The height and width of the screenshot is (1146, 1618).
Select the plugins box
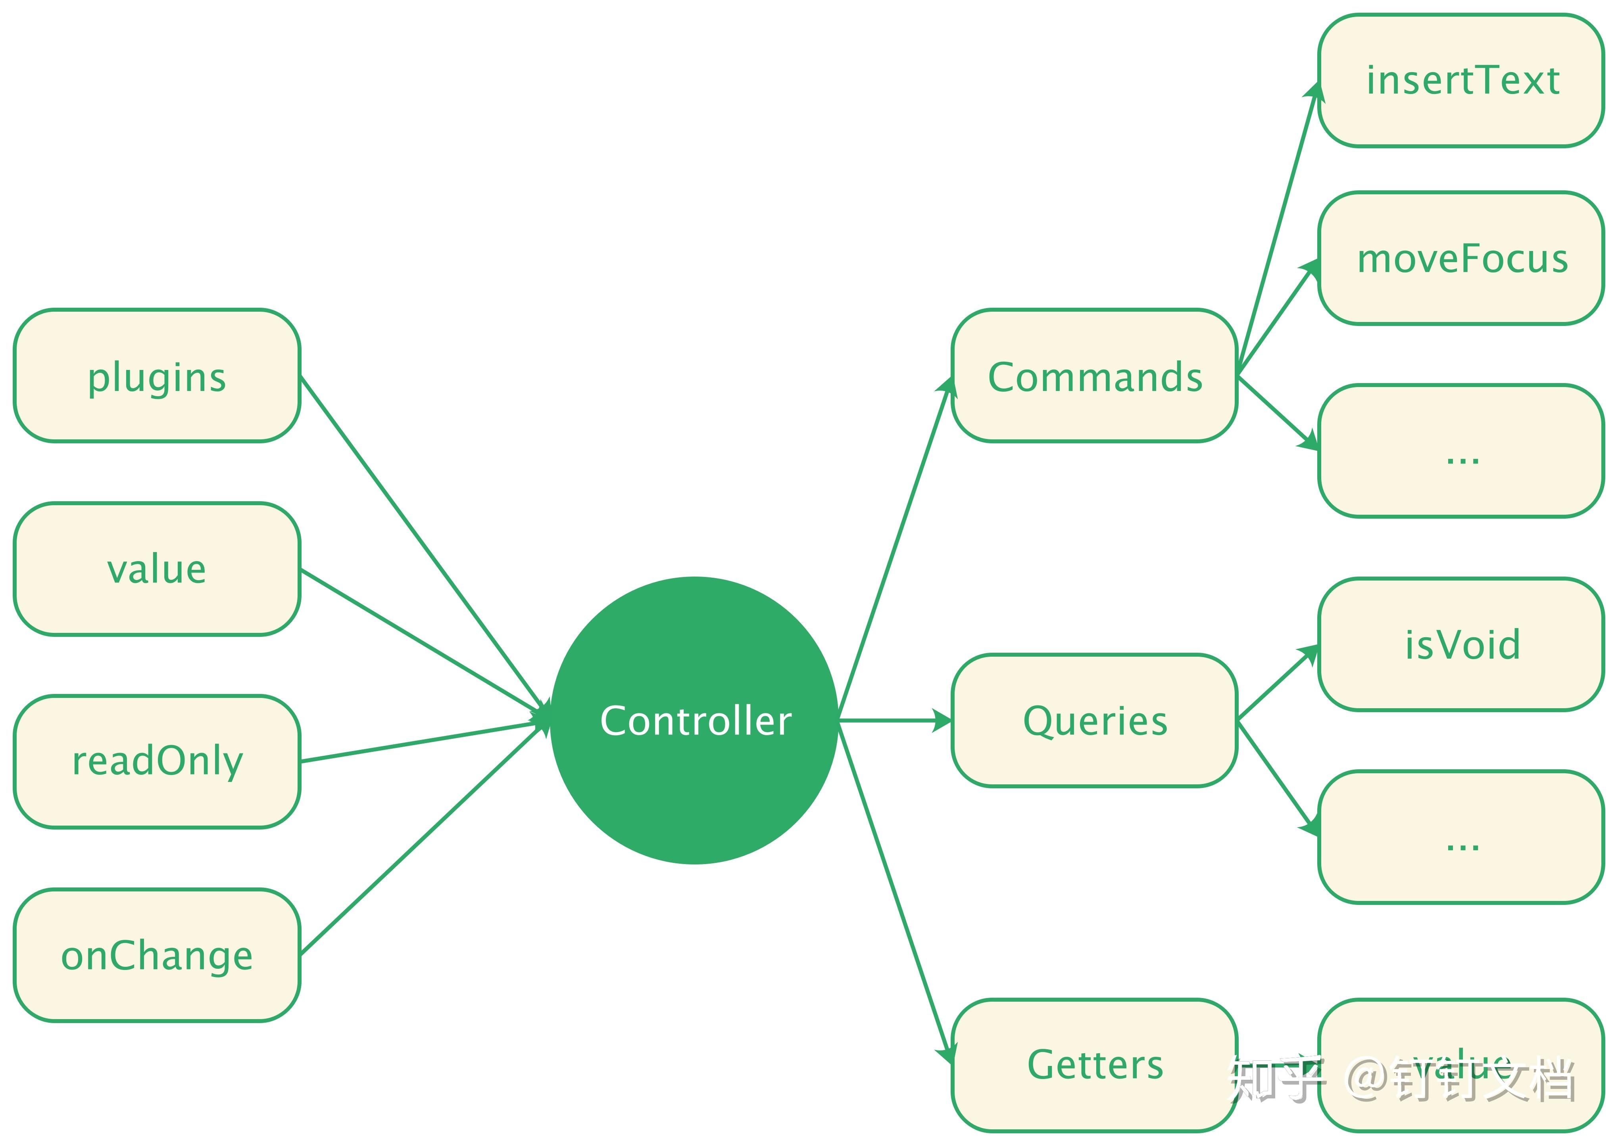click(157, 376)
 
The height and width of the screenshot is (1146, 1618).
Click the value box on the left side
click(157, 569)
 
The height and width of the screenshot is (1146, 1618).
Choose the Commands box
click(1094, 376)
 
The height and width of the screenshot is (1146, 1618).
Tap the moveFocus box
click(1461, 258)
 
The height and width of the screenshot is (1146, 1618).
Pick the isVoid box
click(1461, 644)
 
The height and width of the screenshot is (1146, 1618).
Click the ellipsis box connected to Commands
click(1461, 452)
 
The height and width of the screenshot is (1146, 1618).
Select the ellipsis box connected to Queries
click(1461, 837)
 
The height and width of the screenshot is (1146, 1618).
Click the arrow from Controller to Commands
click(895, 550)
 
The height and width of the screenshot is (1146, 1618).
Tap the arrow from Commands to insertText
click(1276, 229)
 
